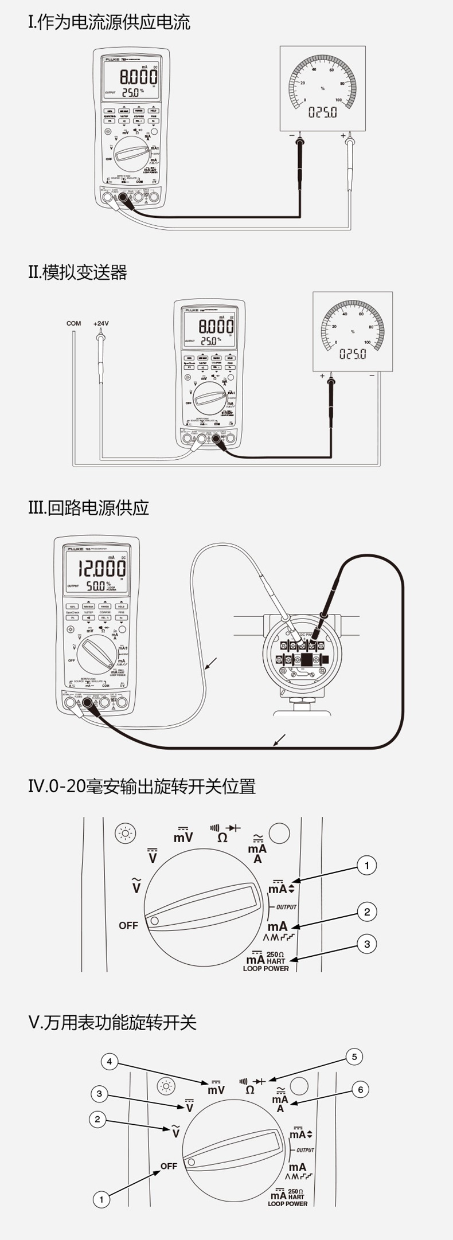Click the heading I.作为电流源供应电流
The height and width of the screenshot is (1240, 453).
tap(109, 23)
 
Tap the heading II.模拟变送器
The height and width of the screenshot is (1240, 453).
tap(77, 272)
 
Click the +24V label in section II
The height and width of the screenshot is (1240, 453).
tap(101, 323)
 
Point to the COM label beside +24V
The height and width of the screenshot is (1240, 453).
tap(73, 323)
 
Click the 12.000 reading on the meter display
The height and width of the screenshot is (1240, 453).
tap(101, 568)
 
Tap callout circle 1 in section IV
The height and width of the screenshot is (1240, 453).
tap(367, 865)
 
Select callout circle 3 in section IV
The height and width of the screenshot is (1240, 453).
tap(367, 944)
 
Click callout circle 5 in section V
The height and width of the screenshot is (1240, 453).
tap(354, 1057)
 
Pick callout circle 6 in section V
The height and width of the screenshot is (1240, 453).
tap(360, 1089)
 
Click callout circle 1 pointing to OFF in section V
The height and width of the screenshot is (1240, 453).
tap(101, 1199)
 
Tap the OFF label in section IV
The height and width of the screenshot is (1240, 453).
tap(128, 925)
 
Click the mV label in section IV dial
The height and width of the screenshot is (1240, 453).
tap(183, 836)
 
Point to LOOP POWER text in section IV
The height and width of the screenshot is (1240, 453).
tap(266, 968)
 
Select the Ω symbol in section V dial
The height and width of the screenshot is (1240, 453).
tap(250, 1090)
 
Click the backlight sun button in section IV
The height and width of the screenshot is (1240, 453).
tap(125, 834)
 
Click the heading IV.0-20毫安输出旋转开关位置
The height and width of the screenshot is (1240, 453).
tap(142, 787)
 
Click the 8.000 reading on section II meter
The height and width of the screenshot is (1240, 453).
tap(216, 327)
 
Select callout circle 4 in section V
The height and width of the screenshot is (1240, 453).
tap(110, 1061)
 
